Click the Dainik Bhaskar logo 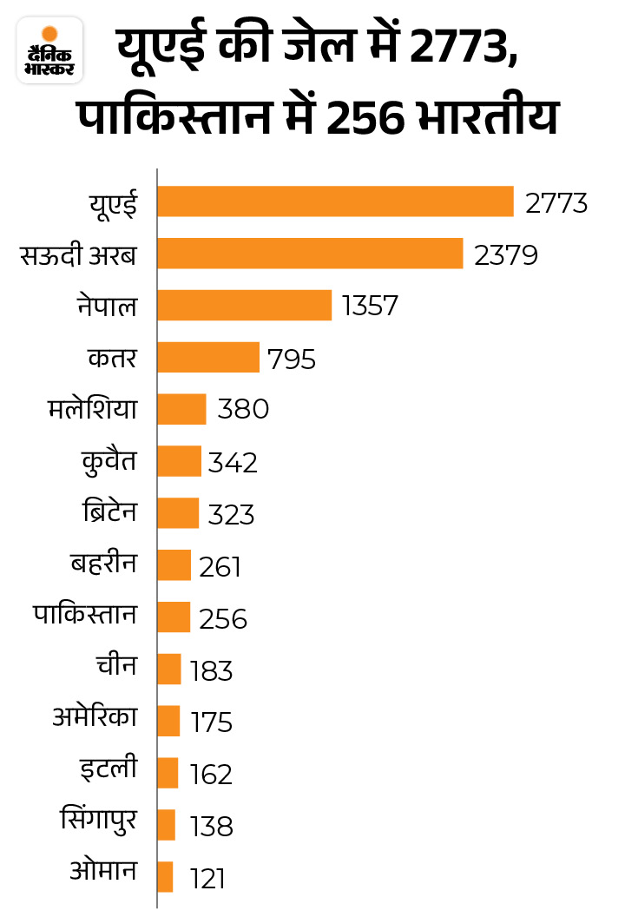tap(49, 51)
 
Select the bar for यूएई tap(335, 202)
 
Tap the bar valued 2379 tap(310, 254)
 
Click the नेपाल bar tap(244, 305)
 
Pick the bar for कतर tap(208, 357)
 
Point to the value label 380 tap(243, 409)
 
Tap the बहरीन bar tap(174, 565)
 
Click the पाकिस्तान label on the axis tap(86, 616)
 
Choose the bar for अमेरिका tap(168, 721)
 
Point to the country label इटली tap(109, 770)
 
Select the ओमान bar tap(165, 876)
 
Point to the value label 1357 tap(370, 306)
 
